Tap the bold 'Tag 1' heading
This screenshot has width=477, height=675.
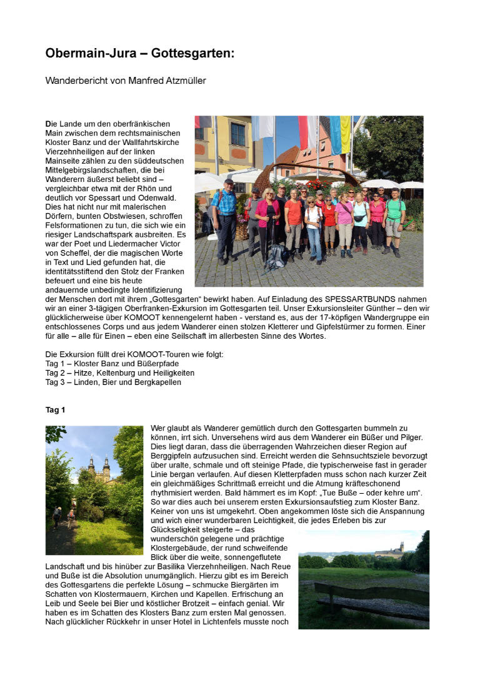(x=55, y=410)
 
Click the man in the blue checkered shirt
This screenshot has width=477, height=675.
(x=226, y=219)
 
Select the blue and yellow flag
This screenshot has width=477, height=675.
(x=340, y=134)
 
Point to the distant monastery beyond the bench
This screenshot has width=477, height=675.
(x=389, y=550)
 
